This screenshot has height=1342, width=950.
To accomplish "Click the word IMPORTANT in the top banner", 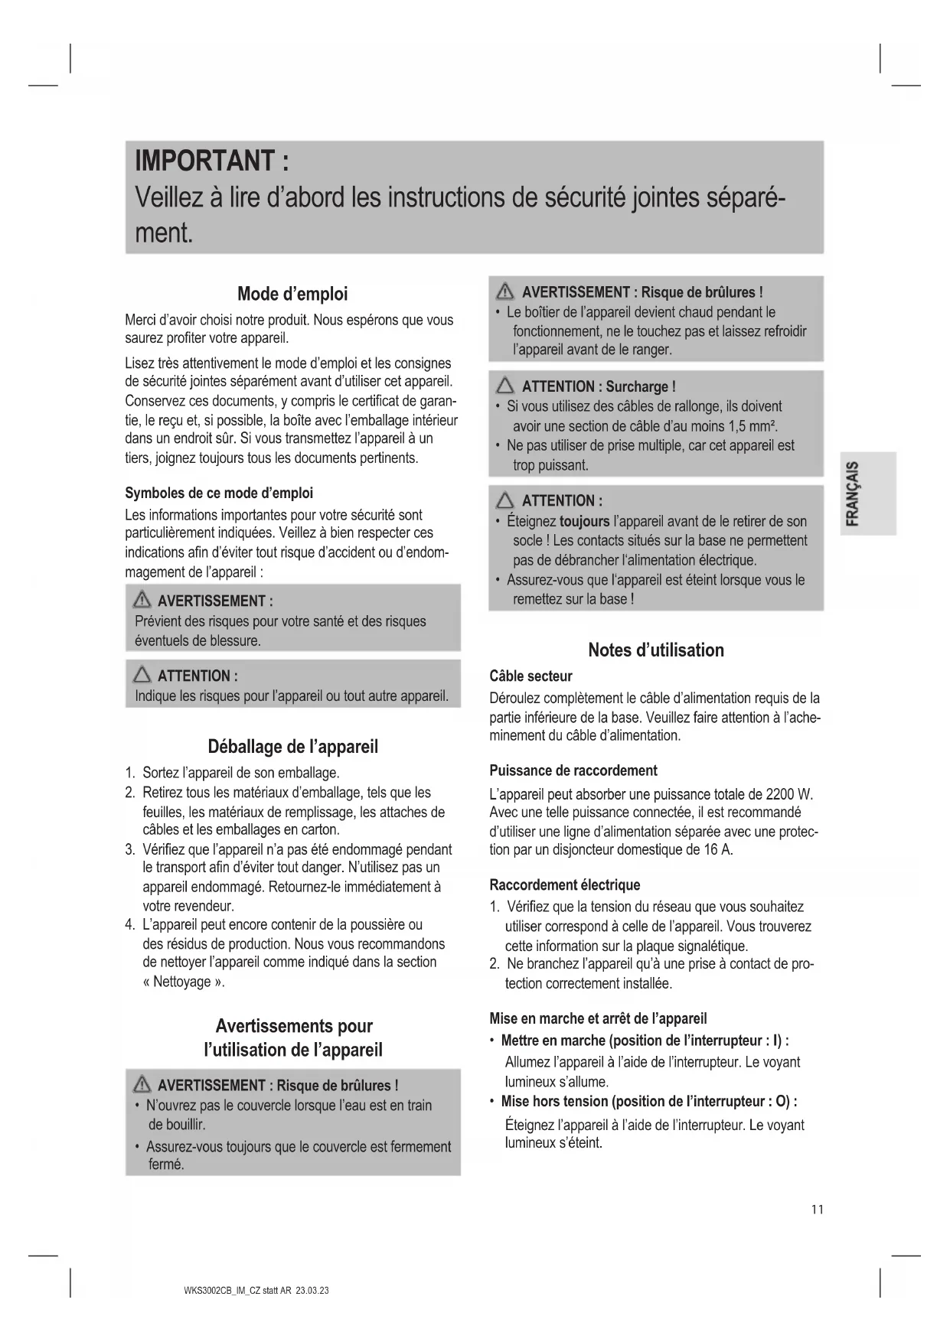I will [204, 161].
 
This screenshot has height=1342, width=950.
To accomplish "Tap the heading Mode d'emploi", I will [292, 294].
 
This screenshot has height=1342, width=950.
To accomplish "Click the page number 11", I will [818, 1210].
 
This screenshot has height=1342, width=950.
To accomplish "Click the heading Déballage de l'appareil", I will [292, 747].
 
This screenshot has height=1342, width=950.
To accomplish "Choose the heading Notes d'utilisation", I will [655, 650].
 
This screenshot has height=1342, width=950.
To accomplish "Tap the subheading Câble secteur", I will [530, 676].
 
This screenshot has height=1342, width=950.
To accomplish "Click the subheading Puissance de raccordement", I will [573, 770].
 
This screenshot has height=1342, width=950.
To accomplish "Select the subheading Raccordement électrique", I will [564, 885].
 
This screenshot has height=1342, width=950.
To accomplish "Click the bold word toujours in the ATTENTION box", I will [584, 522].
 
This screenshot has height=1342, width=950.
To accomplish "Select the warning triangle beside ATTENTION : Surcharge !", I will [505, 386].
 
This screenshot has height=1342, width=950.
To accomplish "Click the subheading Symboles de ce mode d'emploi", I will [219, 493].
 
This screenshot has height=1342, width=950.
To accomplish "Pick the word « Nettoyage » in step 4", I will [183, 982].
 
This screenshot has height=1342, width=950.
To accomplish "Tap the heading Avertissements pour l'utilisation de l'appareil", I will [293, 1037].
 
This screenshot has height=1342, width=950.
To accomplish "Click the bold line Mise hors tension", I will [555, 1102].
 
